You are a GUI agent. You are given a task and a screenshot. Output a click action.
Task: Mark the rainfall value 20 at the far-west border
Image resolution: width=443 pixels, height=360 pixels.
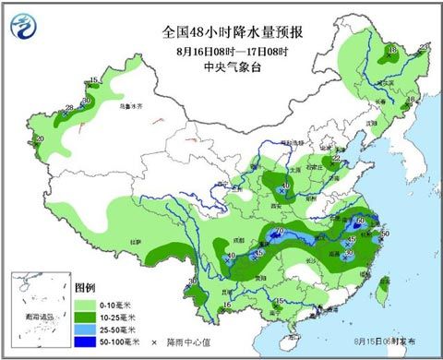tap(39, 139)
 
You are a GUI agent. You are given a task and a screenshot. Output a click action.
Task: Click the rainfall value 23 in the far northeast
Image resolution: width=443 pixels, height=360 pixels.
tap(424, 46)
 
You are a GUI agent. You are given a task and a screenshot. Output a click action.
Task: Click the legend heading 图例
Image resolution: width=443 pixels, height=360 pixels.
tap(85, 288)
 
